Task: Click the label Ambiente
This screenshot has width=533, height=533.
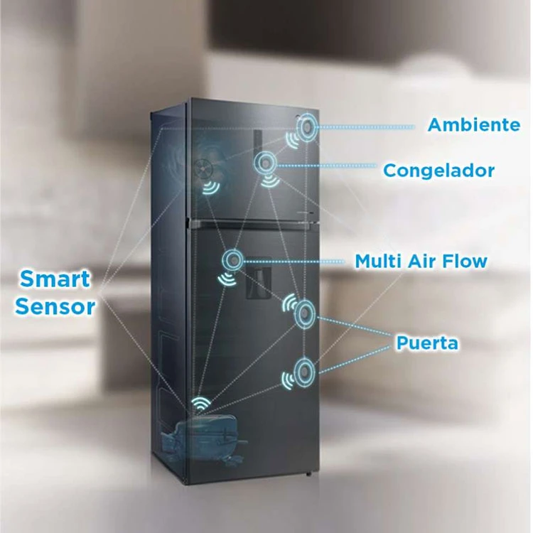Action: (474, 125)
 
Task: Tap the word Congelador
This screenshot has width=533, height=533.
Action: (439, 171)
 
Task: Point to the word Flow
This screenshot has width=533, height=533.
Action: (465, 261)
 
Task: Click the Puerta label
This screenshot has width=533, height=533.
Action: (427, 343)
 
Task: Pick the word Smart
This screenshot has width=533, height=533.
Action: (55, 279)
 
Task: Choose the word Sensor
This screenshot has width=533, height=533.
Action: (55, 306)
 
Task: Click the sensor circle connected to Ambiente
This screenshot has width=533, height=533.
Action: (307, 127)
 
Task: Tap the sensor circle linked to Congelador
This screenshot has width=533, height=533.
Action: (264, 164)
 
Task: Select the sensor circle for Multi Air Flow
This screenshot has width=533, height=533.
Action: (233, 260)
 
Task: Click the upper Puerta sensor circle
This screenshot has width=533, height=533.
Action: (305, 313)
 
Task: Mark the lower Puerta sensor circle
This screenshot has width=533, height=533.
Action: (304, 372)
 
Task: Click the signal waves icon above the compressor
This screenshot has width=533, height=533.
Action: (200, 404)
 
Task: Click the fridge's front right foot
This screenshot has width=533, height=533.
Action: (308, 473)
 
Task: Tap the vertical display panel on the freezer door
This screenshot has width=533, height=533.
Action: (258, 143)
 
